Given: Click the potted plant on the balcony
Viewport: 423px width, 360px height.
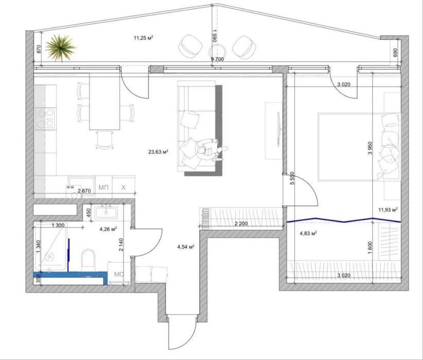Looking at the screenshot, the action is (x=61, y=48).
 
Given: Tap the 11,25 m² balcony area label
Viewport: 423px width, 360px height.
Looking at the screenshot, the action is (x=144, y=38).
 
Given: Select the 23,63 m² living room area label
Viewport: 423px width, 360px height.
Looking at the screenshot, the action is (x=158, y=152).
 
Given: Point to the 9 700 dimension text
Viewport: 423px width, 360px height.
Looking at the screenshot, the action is (x=217, y=59).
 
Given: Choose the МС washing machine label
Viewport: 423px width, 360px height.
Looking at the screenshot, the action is (x=119, y=274).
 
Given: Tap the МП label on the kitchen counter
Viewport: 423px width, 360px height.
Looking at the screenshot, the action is (x=103, y=187).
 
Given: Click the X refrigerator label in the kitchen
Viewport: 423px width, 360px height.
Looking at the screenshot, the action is (x=124, y=187).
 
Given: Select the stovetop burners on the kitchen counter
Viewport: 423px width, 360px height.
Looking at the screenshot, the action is (x=45, y=119).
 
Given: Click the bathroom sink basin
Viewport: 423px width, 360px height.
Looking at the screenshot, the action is (x=106, y=212).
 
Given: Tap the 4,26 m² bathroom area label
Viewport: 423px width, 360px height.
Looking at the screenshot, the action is (x=108, y=229).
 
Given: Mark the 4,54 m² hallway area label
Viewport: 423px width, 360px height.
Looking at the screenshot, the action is (x=186, y=246).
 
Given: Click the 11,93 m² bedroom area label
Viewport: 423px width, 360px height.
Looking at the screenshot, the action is (x=388, y=209).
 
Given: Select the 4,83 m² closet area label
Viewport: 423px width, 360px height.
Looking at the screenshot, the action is (x=308, y=233).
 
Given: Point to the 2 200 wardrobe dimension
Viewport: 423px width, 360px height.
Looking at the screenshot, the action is (x=241, y=224).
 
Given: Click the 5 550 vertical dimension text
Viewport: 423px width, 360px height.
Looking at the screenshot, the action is (x=292, y=178).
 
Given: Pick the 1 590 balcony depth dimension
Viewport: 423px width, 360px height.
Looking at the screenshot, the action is (x=214, y=35).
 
